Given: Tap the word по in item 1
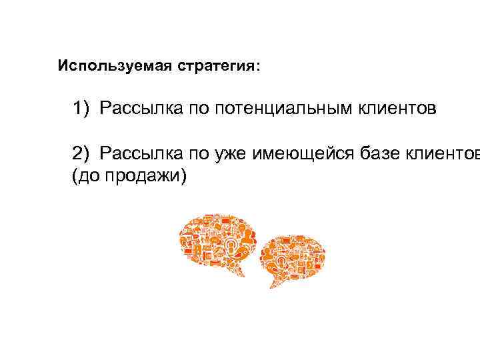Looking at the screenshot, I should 191,108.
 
